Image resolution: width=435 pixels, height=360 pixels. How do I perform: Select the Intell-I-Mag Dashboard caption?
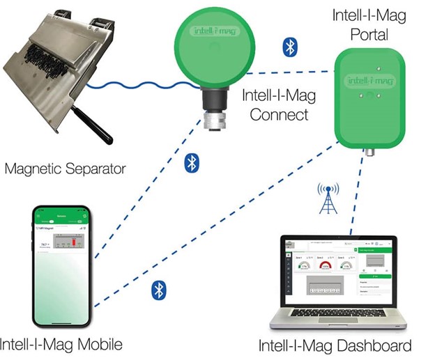(x=335, y=345)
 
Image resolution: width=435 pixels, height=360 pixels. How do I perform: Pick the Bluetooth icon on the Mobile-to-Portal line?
(x=159, y=290)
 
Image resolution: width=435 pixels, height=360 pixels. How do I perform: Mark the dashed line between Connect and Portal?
(x=293, y=72)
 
